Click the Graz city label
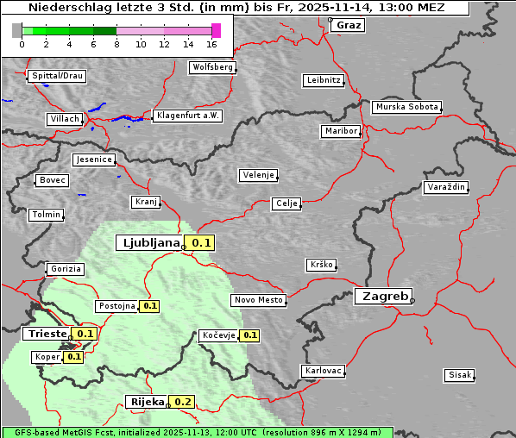349,25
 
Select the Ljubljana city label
149,243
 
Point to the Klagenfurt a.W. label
187,116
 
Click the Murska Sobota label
406,108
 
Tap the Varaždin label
446,187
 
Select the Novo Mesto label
258,300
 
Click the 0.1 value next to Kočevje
249,335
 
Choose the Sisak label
459,375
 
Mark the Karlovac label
324,371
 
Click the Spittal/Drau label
57,76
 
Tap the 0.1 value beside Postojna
149,306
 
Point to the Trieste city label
47,334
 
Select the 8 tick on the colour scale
116,44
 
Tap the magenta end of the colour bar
216,30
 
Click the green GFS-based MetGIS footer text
197,432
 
